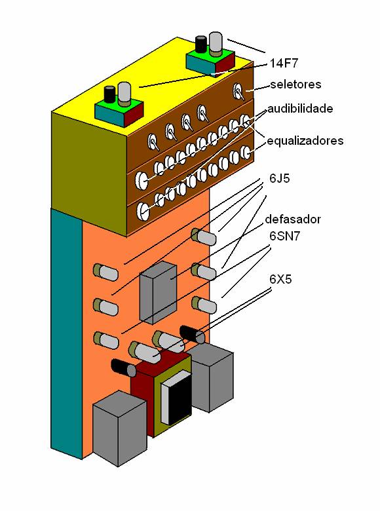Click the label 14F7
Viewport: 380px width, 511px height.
coord(284,64)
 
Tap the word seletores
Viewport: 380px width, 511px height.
coord(295,85)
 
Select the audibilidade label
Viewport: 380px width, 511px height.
coord(300,108)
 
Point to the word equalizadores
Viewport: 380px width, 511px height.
coord(305,141)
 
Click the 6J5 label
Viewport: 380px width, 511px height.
coord(280,178)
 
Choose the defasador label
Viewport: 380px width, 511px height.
coord(293,219)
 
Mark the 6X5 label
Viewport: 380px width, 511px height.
coord(280,279)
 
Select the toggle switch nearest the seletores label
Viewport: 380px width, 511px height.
coord(238,91)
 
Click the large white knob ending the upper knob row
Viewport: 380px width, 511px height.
coord(142,180)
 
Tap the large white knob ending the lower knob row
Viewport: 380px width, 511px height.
coord(143,210)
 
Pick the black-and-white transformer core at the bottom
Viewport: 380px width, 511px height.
coord(176,397)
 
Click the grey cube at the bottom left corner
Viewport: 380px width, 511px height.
coord(119,428)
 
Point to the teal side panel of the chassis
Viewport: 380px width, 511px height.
coord(67,334)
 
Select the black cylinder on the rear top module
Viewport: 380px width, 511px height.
coord(201,45)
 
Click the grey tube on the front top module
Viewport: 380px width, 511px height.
coord(124,94)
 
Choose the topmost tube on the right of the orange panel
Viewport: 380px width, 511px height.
coord(203,237)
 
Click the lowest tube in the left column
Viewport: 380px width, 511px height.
coord(106,340)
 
